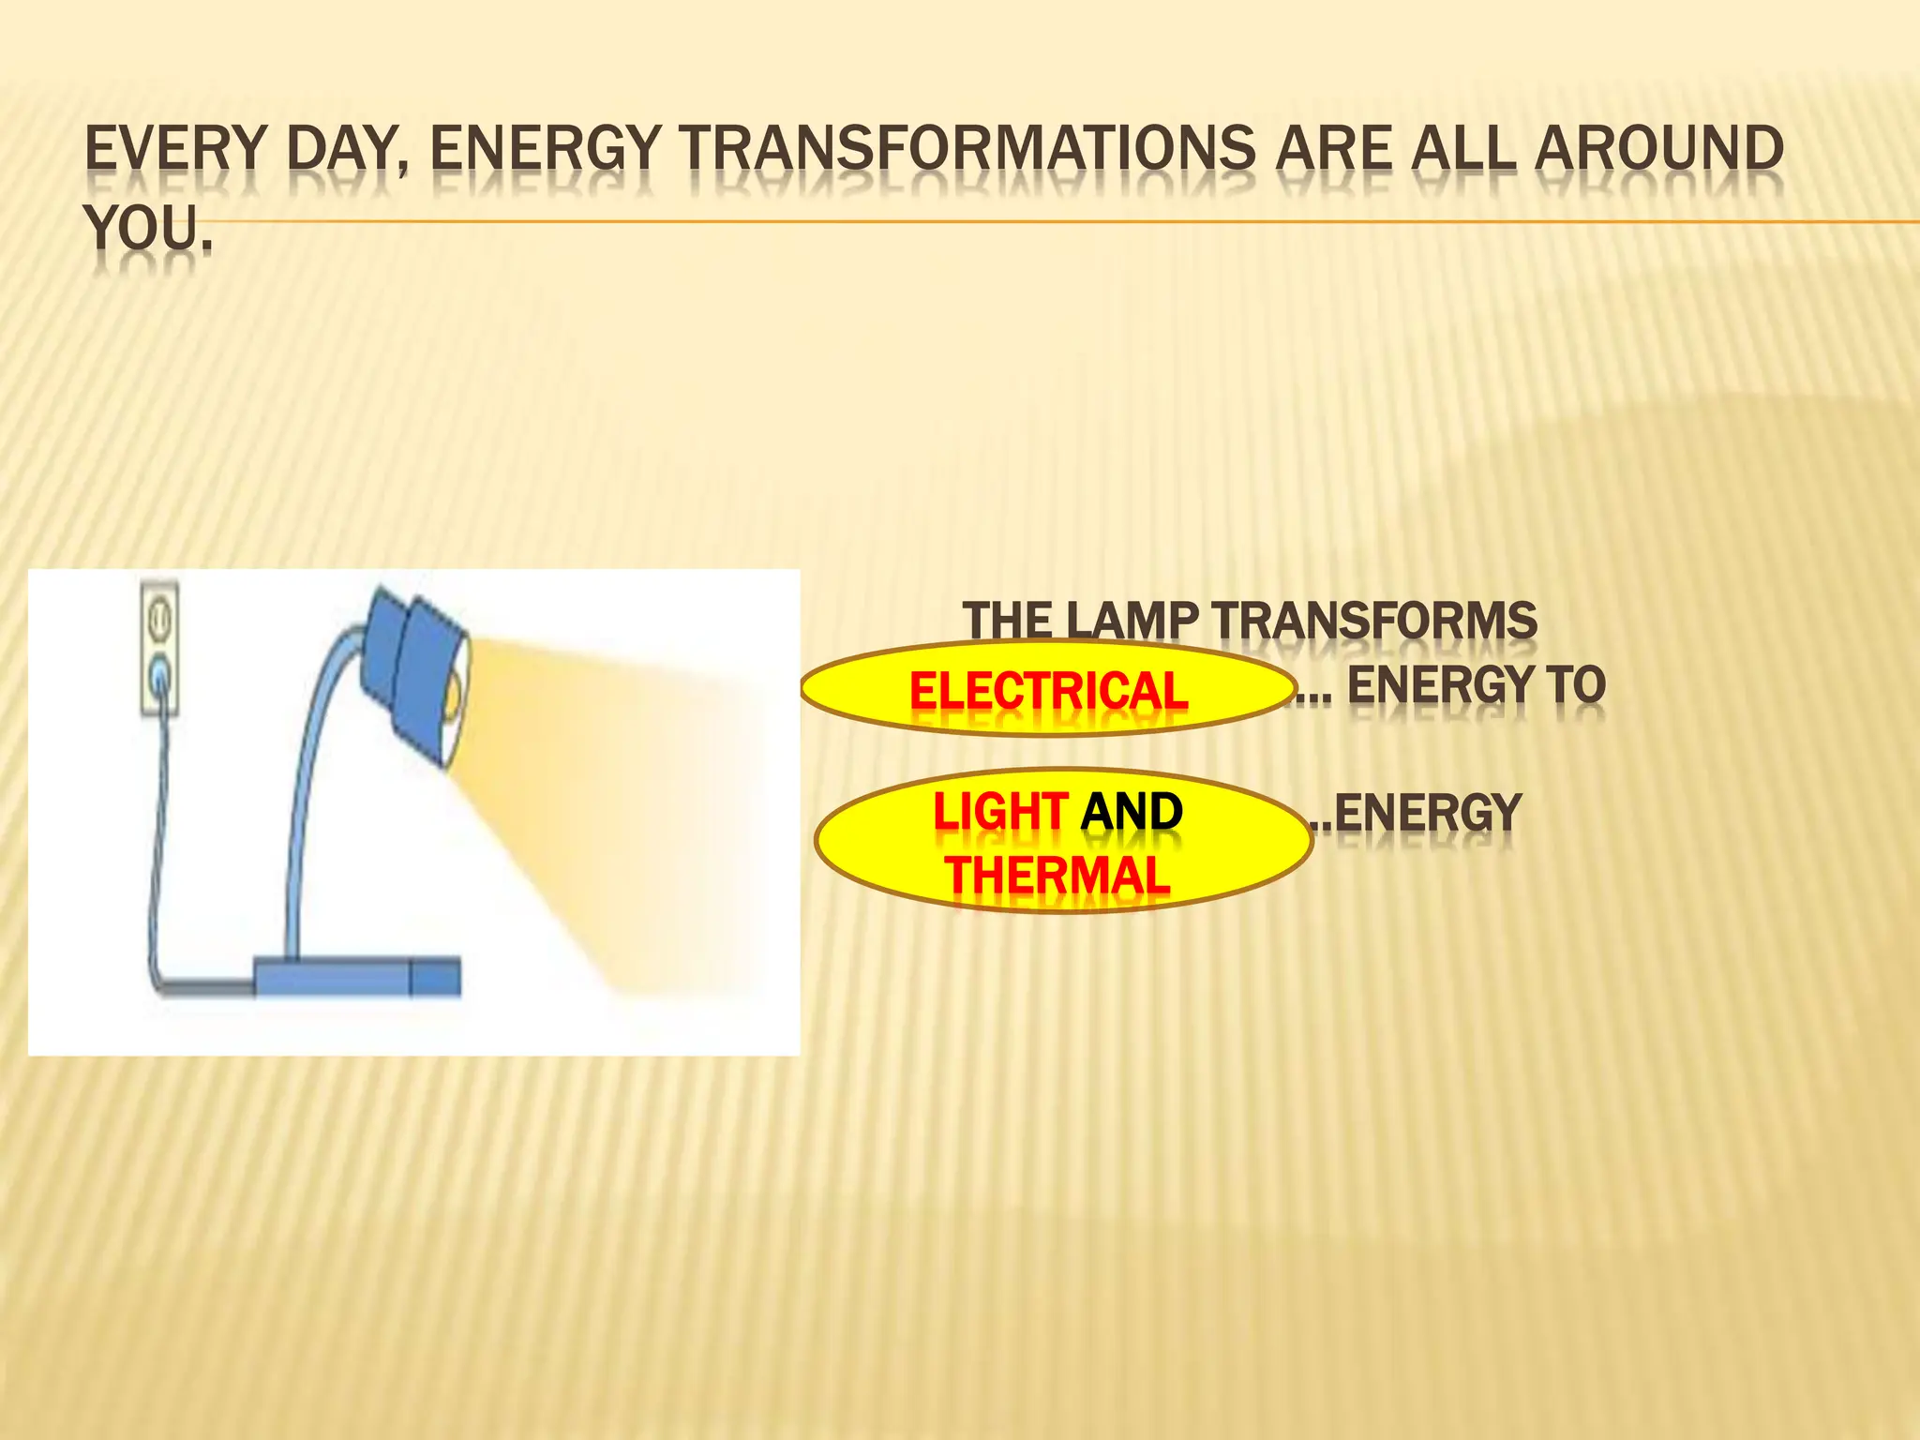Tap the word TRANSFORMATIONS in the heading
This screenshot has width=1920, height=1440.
(968, 150)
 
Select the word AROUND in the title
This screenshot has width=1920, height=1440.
(1658, 150)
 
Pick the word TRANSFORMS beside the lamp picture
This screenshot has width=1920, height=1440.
(1373, 621)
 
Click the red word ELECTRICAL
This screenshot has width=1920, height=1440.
(1048, 691)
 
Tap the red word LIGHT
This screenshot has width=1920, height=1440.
(999, 812)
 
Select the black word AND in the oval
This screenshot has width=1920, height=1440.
(1132, 812)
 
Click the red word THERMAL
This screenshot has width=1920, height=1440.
(1057, 876)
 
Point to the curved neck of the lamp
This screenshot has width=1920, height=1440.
(309, 750)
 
